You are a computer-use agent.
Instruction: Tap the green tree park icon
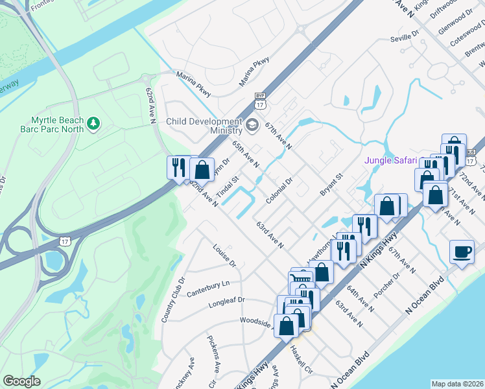[94, 123]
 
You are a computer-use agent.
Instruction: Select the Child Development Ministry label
[204, 126]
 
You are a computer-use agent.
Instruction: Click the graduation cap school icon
[252, 124]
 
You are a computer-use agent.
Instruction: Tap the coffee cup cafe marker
[462, 252]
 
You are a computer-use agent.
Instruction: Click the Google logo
[21, 381]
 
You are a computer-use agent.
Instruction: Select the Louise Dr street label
[224, 255]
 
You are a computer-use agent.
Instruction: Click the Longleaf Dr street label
[226, 301]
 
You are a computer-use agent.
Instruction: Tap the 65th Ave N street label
[246, 156]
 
